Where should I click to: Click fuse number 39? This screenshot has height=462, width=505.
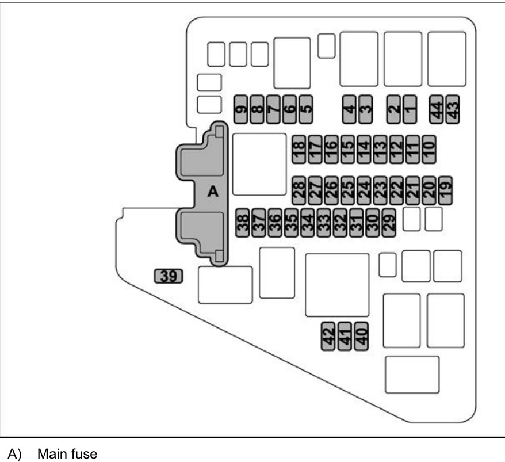pyautogui.click(x=168, y=277)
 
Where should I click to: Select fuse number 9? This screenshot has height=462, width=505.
pyautogui.click(x=241, y=108)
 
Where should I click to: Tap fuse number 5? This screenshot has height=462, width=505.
pyautogui.click(x=306, y=108)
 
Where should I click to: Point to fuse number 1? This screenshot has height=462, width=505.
pyautogui.click(x=410, y=108)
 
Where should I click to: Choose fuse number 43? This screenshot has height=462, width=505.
pyautogui.click(x=453, y=108)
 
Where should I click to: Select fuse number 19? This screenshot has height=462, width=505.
pyautogui.click(x=445, y=189)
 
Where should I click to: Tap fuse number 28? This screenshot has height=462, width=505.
pyautogui.click(x=299, y=189)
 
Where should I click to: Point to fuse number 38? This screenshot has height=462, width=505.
pyautogui.click(x=243, y=222)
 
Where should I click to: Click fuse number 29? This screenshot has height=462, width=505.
pyautogui.click(x=389, y=222)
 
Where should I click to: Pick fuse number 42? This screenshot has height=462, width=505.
pyautogui.click(x=328, y=335)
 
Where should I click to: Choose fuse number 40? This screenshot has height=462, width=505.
pyautogui.click(x=361, y=335)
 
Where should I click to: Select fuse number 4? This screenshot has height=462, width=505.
pyautogui.click(x=349, y=108)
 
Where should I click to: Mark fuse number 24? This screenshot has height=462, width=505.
pyautogui.click(x=364, y=189)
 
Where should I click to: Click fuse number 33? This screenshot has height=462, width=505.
pyautogui.click(x=324, y=222)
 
